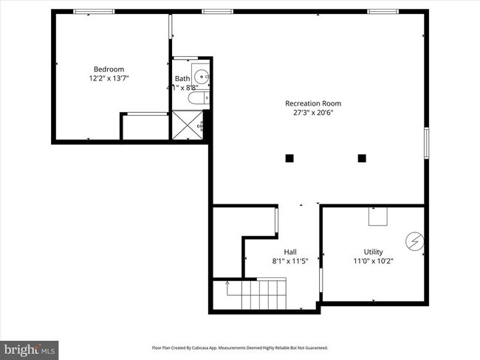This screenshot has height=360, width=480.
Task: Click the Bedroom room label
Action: tap(109, 69)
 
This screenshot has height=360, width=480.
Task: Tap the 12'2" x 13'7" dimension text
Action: tap(109, 78)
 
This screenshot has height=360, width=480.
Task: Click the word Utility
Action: tap(373, 252)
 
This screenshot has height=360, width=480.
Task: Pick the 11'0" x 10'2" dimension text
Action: tap(373, 260)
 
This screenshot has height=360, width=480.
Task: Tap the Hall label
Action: tap(290, 252)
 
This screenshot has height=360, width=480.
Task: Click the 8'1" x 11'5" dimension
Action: tap(290, 260)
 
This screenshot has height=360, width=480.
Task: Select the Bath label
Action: tap(182, 79)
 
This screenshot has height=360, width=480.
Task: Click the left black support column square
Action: tap(289, 158)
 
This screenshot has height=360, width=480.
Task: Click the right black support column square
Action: tap(362, 158)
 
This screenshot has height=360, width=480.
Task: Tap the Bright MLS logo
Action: tap(30, 347)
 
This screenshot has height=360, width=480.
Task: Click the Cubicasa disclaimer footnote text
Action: tap(240, 347)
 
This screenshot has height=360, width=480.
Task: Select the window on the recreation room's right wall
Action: tap(426, 142)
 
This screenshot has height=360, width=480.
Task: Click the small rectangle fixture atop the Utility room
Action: tap(379, 216)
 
